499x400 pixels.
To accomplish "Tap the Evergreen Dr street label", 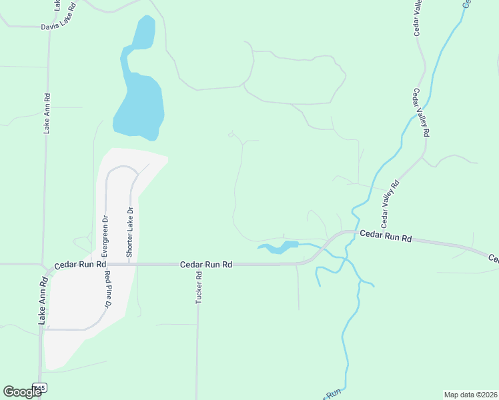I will tap(105, 237).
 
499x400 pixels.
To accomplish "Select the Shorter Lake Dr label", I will tap(130, 233).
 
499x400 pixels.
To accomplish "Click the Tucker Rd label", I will tap(199, 288).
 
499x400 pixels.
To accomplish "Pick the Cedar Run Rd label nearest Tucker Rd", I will tap(206, 265).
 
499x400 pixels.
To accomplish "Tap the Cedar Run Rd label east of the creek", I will tap(386, 235).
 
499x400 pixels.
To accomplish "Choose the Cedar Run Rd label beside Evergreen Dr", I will tap(81, 265).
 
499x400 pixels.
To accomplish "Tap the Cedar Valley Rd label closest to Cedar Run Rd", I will tap(390, 202).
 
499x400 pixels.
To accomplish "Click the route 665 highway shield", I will tap(40, 387).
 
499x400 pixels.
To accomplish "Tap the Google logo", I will tap(23, 391).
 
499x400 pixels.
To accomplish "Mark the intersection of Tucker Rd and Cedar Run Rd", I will tap(197, 265).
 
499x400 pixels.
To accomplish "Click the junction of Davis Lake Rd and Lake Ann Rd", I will tap(49, 27).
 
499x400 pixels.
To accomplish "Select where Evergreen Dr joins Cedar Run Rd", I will tap(105, 265).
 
